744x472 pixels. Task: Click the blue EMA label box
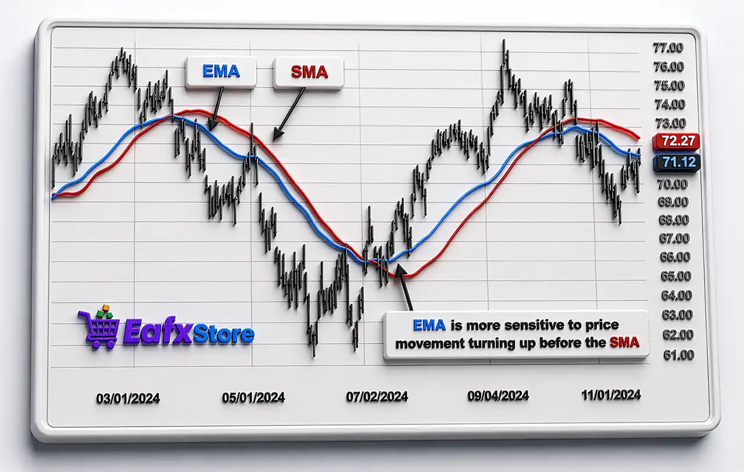point(221,72)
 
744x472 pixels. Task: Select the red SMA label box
point(309,73)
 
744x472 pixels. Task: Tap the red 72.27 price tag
point(676,142)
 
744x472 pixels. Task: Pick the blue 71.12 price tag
point(676,163)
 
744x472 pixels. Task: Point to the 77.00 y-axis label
point(668,48)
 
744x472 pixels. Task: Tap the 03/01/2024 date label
point(128,398)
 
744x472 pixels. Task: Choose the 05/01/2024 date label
point(253,398)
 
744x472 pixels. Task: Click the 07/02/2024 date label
point(377,397)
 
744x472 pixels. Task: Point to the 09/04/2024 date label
point(498,396)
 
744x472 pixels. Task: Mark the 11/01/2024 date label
point(611,395)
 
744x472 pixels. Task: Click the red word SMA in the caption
point(624,343)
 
